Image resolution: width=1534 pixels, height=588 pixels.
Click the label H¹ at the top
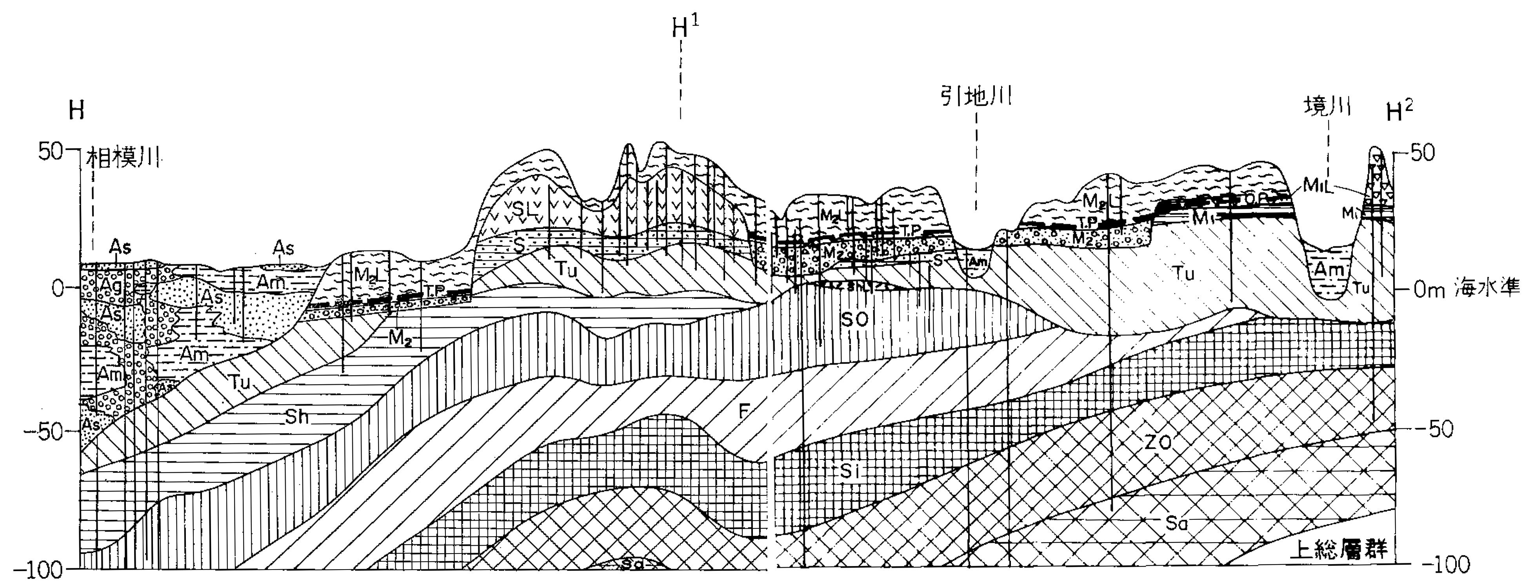pyautogui.click(x=685, y=27)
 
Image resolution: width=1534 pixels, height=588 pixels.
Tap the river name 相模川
pyautogui.click(x=124, y=158)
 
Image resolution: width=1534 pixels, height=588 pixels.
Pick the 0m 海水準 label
pyautogui.click(x=1467, y=290)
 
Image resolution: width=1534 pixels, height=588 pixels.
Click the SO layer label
pyautogui.click(x=854, y=319)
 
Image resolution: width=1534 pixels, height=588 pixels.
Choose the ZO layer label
pyautogui.click(x=1157, y=442)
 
